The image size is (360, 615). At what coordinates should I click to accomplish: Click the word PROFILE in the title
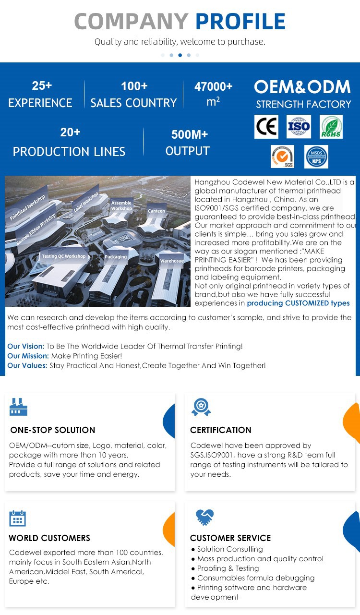coord(240,22)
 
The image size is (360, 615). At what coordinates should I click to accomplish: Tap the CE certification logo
coord(266,127)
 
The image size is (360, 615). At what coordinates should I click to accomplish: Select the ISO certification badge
coord(299,127)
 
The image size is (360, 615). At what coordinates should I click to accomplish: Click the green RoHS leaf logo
coord(331,127)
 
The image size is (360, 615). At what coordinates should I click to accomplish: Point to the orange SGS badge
coord(282,157)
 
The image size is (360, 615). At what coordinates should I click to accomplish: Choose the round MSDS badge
coord(316,157)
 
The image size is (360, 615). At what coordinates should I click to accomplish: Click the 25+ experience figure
coord(42,86)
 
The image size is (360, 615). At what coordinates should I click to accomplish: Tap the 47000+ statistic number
coord(213,87)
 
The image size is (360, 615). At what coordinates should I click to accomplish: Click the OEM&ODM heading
coord(302,87)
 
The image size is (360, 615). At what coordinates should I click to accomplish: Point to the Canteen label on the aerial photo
coord(156,211)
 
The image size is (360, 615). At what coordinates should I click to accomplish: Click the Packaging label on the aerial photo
coord(116,257)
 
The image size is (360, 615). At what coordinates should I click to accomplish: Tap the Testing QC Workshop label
coord(63,256)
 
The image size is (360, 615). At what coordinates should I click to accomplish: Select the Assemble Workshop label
coord(121,205)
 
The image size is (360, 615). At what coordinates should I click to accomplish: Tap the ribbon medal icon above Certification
coord(201,407)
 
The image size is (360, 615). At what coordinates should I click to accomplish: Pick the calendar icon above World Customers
coord(18,518)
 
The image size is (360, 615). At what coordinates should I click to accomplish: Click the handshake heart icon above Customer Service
coord(205,517)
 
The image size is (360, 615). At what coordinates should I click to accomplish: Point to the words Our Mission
coord(28,356)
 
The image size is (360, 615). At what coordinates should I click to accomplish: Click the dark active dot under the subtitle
coord(180,55)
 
